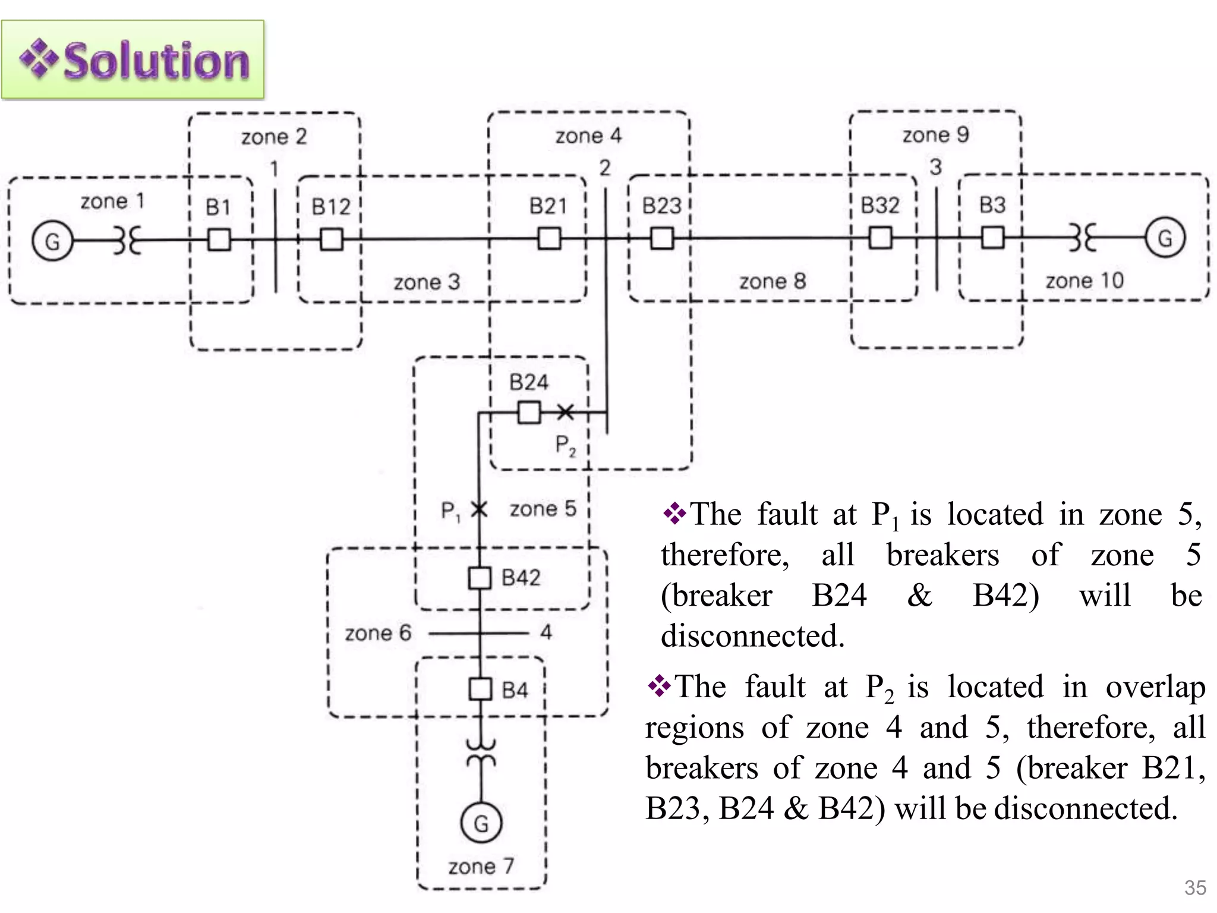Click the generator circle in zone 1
coord(52,241)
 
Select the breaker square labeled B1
coord(219,240)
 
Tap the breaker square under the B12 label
coord(331,240)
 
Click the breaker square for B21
coord(549,239)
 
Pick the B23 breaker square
coord(662,239)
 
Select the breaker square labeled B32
coord(880,238)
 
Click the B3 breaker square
coord(992,238)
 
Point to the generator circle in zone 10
coord(1165,238)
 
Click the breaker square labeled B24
coord(529,412)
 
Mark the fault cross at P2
coord(565,412)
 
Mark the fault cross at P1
coord(479,509)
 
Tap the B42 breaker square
coord(480,578)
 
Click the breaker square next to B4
coord(480,690)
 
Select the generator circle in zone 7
coord(481,823)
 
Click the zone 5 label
coord(543,509)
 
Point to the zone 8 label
coord(772,281)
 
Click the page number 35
coord(1194,887)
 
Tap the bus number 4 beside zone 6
coord(546,632)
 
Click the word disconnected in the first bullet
coord(752,636)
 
